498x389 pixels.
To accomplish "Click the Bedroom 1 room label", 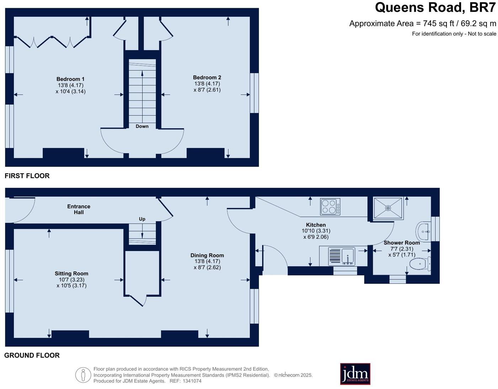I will coord(70,79).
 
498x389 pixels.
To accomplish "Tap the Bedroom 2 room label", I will coord(207,78).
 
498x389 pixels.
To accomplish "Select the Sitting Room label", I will coord(71,273).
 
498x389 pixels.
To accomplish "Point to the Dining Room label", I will coord(207,255).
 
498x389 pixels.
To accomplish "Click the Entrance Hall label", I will coord(79,209).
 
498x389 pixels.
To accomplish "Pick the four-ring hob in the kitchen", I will coord(330,207).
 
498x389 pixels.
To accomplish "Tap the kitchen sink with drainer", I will coord(341,256).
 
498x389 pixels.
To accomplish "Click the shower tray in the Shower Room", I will coord(388,208).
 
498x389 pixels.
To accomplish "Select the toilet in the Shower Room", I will coord(420,264).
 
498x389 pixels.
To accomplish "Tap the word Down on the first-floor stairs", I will coord(142,126).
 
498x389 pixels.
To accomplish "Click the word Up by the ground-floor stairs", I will coord(142,219).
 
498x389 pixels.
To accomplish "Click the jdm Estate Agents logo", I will coord(355,374).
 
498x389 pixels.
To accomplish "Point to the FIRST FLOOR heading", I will coord(27,176).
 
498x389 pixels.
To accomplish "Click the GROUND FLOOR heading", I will coord(32,355).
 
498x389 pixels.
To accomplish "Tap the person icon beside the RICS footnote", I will coord(83,375).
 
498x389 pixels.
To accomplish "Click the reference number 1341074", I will coord(192,381).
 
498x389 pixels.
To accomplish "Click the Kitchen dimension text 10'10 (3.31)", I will coord(316,231).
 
